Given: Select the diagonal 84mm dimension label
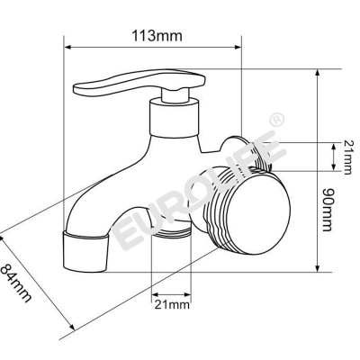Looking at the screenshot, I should click(20, 280).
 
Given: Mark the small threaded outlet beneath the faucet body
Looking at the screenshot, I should click(170, 236).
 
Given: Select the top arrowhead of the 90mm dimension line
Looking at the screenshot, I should click(319, 72).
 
